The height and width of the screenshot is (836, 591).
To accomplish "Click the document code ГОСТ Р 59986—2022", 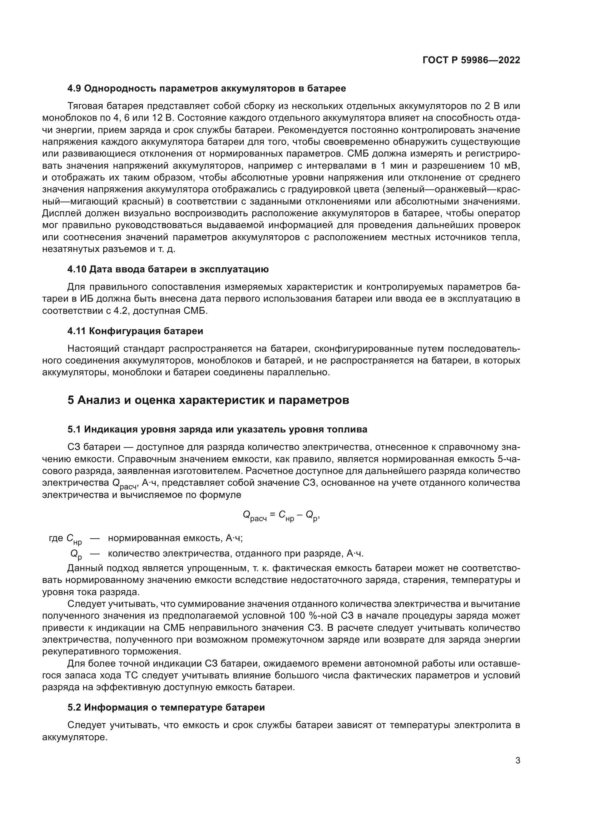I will tap(471, 60).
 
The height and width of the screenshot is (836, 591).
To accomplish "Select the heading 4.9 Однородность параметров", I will tap(206, 89).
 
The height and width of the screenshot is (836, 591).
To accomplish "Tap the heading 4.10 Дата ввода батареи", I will tap(168, 269).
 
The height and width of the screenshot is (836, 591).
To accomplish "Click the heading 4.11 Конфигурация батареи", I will tap(135, 331).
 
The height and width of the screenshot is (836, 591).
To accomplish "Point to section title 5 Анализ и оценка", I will tap(208, 400).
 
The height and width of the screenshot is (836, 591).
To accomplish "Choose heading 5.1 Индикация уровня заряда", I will tap(217, 429).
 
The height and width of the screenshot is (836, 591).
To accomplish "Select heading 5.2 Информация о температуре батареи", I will tap(166, 707).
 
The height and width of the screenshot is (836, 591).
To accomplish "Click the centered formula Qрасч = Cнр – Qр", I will tap(281, 515).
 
